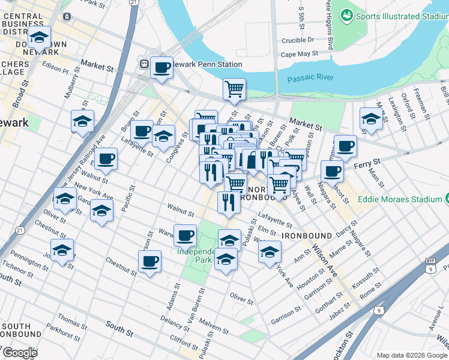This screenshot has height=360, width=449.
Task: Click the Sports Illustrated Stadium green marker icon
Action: [x=346, y=14]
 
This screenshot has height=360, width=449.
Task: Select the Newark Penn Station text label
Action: [x=207, y=64]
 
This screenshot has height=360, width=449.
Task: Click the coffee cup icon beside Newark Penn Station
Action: [x=161, y=68]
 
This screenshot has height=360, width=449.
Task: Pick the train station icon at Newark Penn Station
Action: [x=144, y=64]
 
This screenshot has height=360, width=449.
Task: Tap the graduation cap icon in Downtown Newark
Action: [x=39, y=38]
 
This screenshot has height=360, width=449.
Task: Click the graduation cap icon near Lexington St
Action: [x=371, y=119]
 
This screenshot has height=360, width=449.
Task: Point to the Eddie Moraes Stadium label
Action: [x=397, y=199]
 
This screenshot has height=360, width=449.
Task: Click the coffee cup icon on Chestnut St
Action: [x=149, y=262]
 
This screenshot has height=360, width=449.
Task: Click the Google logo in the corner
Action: [x=20, y=353]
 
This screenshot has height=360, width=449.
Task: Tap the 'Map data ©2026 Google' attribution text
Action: [x=412, y=355]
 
